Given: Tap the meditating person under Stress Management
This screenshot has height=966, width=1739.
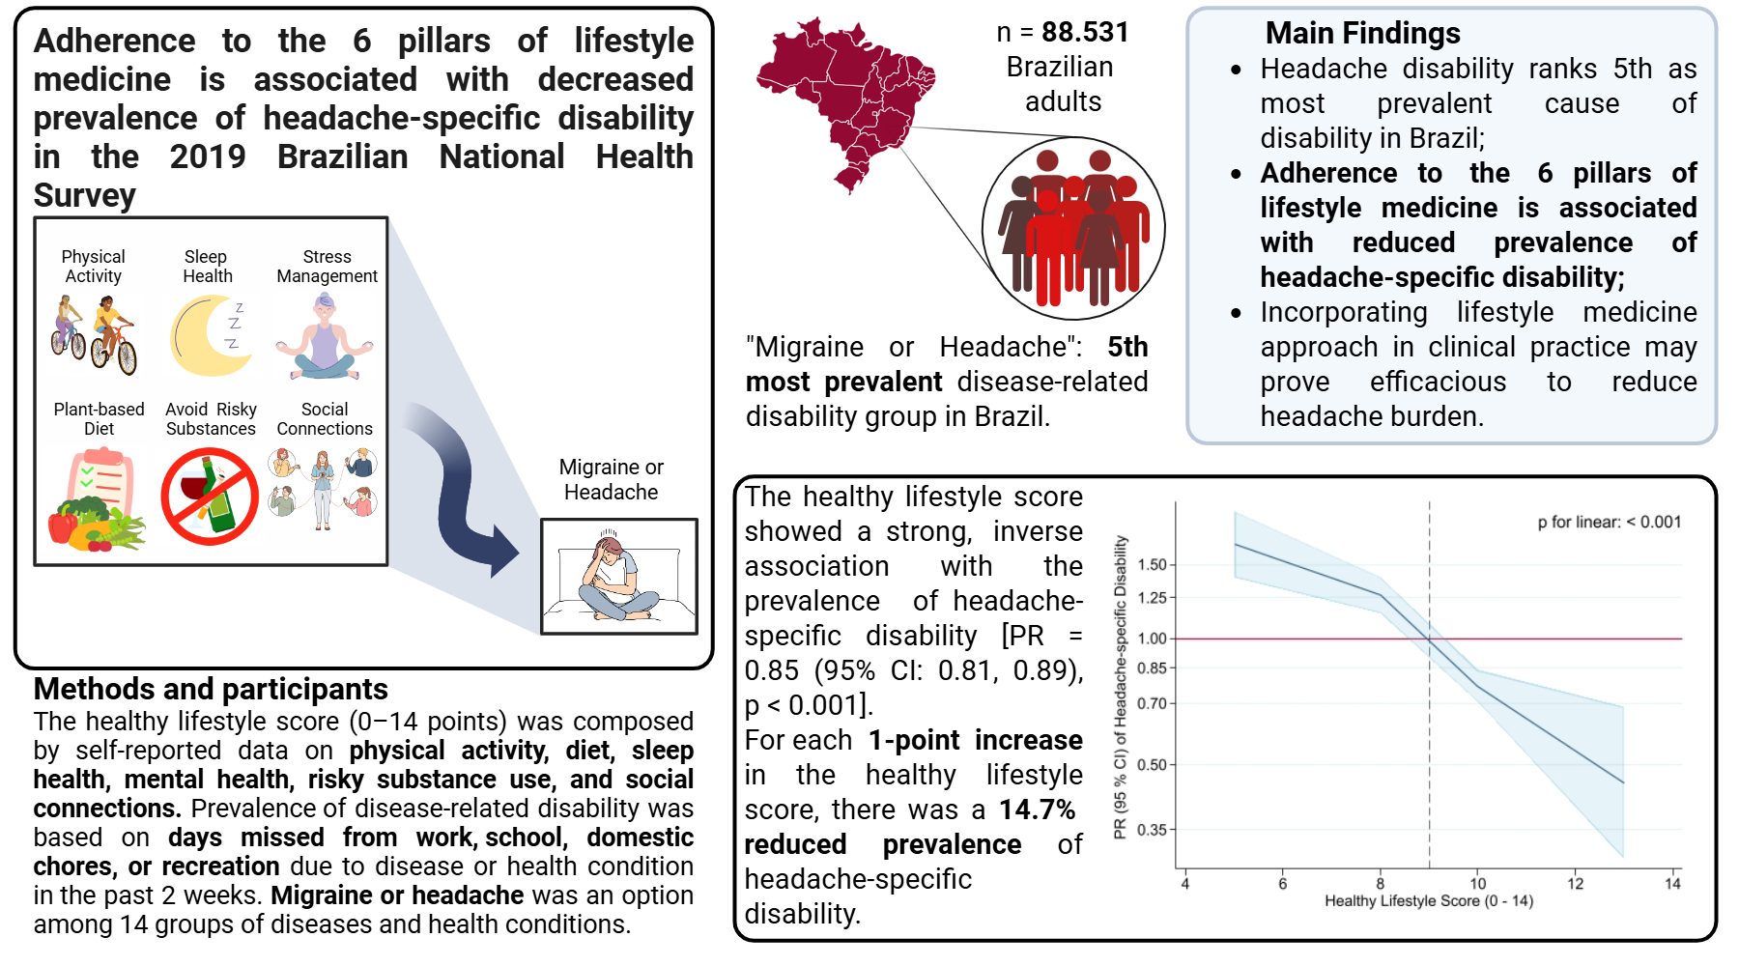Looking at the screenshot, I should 325,338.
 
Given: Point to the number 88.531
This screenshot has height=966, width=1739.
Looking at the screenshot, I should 1085,33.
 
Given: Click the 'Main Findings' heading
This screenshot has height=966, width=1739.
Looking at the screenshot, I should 1362,34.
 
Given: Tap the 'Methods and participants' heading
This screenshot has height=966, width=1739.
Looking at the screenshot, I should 211,689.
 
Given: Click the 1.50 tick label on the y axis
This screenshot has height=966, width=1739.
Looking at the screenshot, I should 1152,565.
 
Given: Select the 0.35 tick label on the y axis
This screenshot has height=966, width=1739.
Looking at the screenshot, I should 1152,830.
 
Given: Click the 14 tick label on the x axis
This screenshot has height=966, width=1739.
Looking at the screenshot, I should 1672,883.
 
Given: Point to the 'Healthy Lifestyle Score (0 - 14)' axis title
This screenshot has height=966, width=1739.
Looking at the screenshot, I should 1428,901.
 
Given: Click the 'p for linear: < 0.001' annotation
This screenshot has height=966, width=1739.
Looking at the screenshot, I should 1609,523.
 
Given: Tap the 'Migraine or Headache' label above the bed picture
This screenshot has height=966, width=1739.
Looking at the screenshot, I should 612,479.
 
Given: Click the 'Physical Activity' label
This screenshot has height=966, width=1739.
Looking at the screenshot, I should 93,267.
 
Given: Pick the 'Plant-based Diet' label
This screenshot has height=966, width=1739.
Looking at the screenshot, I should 99,419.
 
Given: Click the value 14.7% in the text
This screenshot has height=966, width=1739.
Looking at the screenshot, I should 1037,810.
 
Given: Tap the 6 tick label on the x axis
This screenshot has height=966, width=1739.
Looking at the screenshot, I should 1282,883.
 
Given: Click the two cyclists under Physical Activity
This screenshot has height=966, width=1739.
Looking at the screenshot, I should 94,336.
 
